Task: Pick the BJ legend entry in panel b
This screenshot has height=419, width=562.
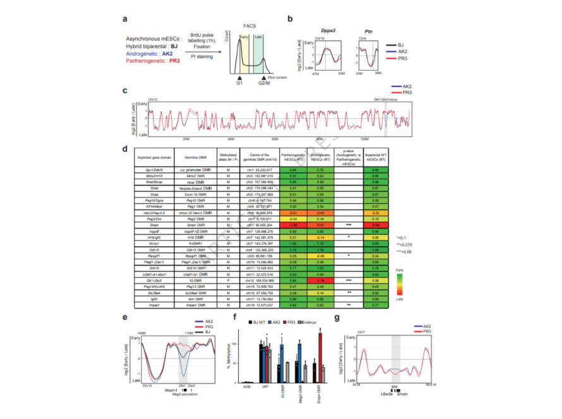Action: coord(402,45)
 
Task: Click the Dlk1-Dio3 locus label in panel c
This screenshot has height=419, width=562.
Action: coord(392,100)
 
